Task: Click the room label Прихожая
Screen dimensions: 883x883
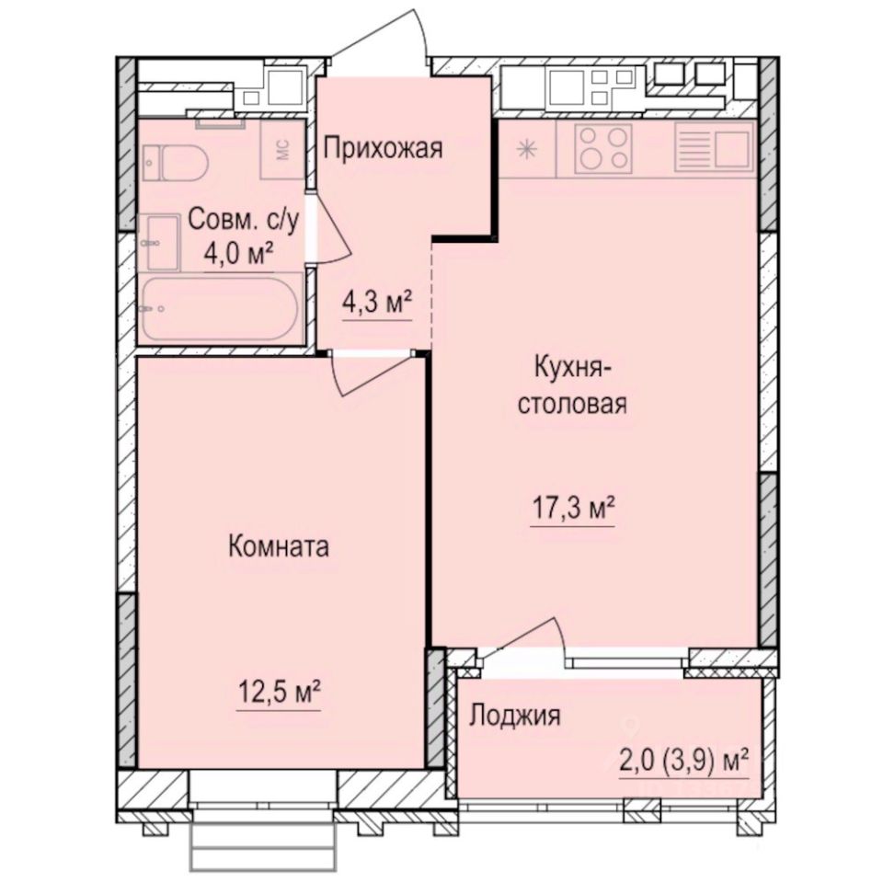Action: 384,147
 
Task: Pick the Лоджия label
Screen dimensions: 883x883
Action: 515,716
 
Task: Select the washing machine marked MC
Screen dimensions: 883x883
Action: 283,151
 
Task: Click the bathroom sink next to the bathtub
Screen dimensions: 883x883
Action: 162,241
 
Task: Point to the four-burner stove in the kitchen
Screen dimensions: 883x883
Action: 603,148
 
